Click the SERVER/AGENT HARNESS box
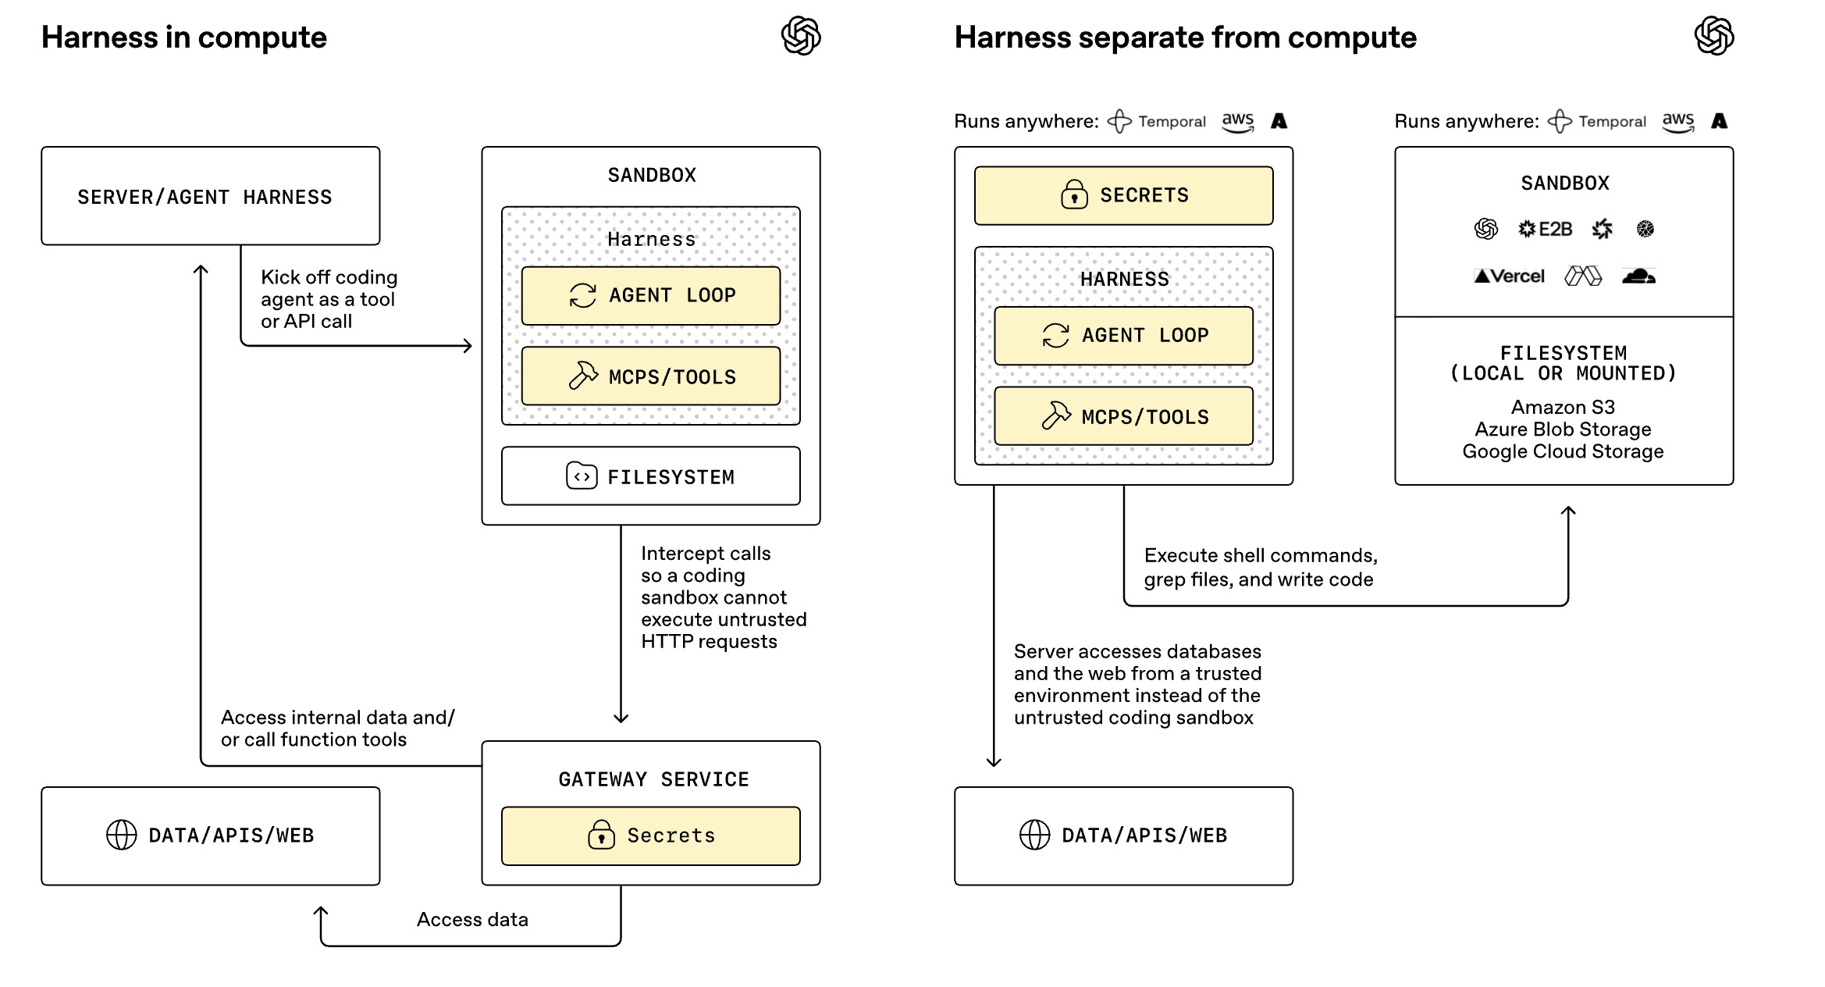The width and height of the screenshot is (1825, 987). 210,196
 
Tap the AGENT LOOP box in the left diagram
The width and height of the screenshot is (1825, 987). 650,296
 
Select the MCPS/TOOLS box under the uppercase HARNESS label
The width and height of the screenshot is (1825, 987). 1123,417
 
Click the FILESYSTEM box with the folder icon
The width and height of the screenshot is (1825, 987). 650,476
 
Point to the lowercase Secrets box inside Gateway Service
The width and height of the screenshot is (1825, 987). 650,836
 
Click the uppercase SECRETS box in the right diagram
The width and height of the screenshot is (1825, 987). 1123,195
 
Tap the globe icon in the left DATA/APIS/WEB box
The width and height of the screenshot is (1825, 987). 121,835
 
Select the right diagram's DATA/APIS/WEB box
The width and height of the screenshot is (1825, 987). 1123,836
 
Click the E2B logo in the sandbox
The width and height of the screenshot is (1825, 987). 1545,229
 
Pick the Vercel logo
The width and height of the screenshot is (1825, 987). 1509,276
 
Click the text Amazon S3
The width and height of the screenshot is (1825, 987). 1563,407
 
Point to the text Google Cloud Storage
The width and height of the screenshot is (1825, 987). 1563,451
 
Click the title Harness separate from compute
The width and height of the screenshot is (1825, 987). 1185,37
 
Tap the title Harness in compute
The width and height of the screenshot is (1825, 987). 184,37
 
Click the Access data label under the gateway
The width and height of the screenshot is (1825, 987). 472,919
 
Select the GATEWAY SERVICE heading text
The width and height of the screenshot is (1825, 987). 653,779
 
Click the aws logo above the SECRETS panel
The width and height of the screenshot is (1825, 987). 1238,122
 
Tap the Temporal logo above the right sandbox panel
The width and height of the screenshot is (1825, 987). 1597,121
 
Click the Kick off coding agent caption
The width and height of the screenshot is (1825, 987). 329,299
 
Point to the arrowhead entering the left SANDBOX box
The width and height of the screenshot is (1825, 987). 468,345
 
